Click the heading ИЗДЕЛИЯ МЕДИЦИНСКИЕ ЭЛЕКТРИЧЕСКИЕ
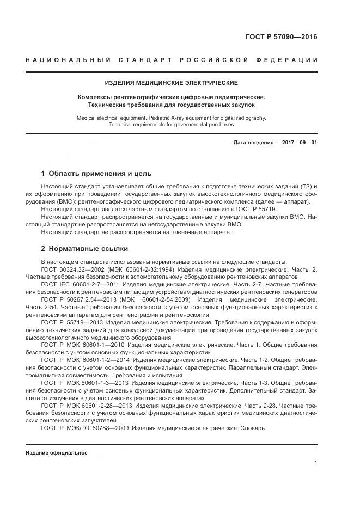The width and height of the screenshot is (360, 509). pos(172,83)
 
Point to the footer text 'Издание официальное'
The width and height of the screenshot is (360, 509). pos(56,453)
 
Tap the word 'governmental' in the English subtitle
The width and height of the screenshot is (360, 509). pos(191,124)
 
